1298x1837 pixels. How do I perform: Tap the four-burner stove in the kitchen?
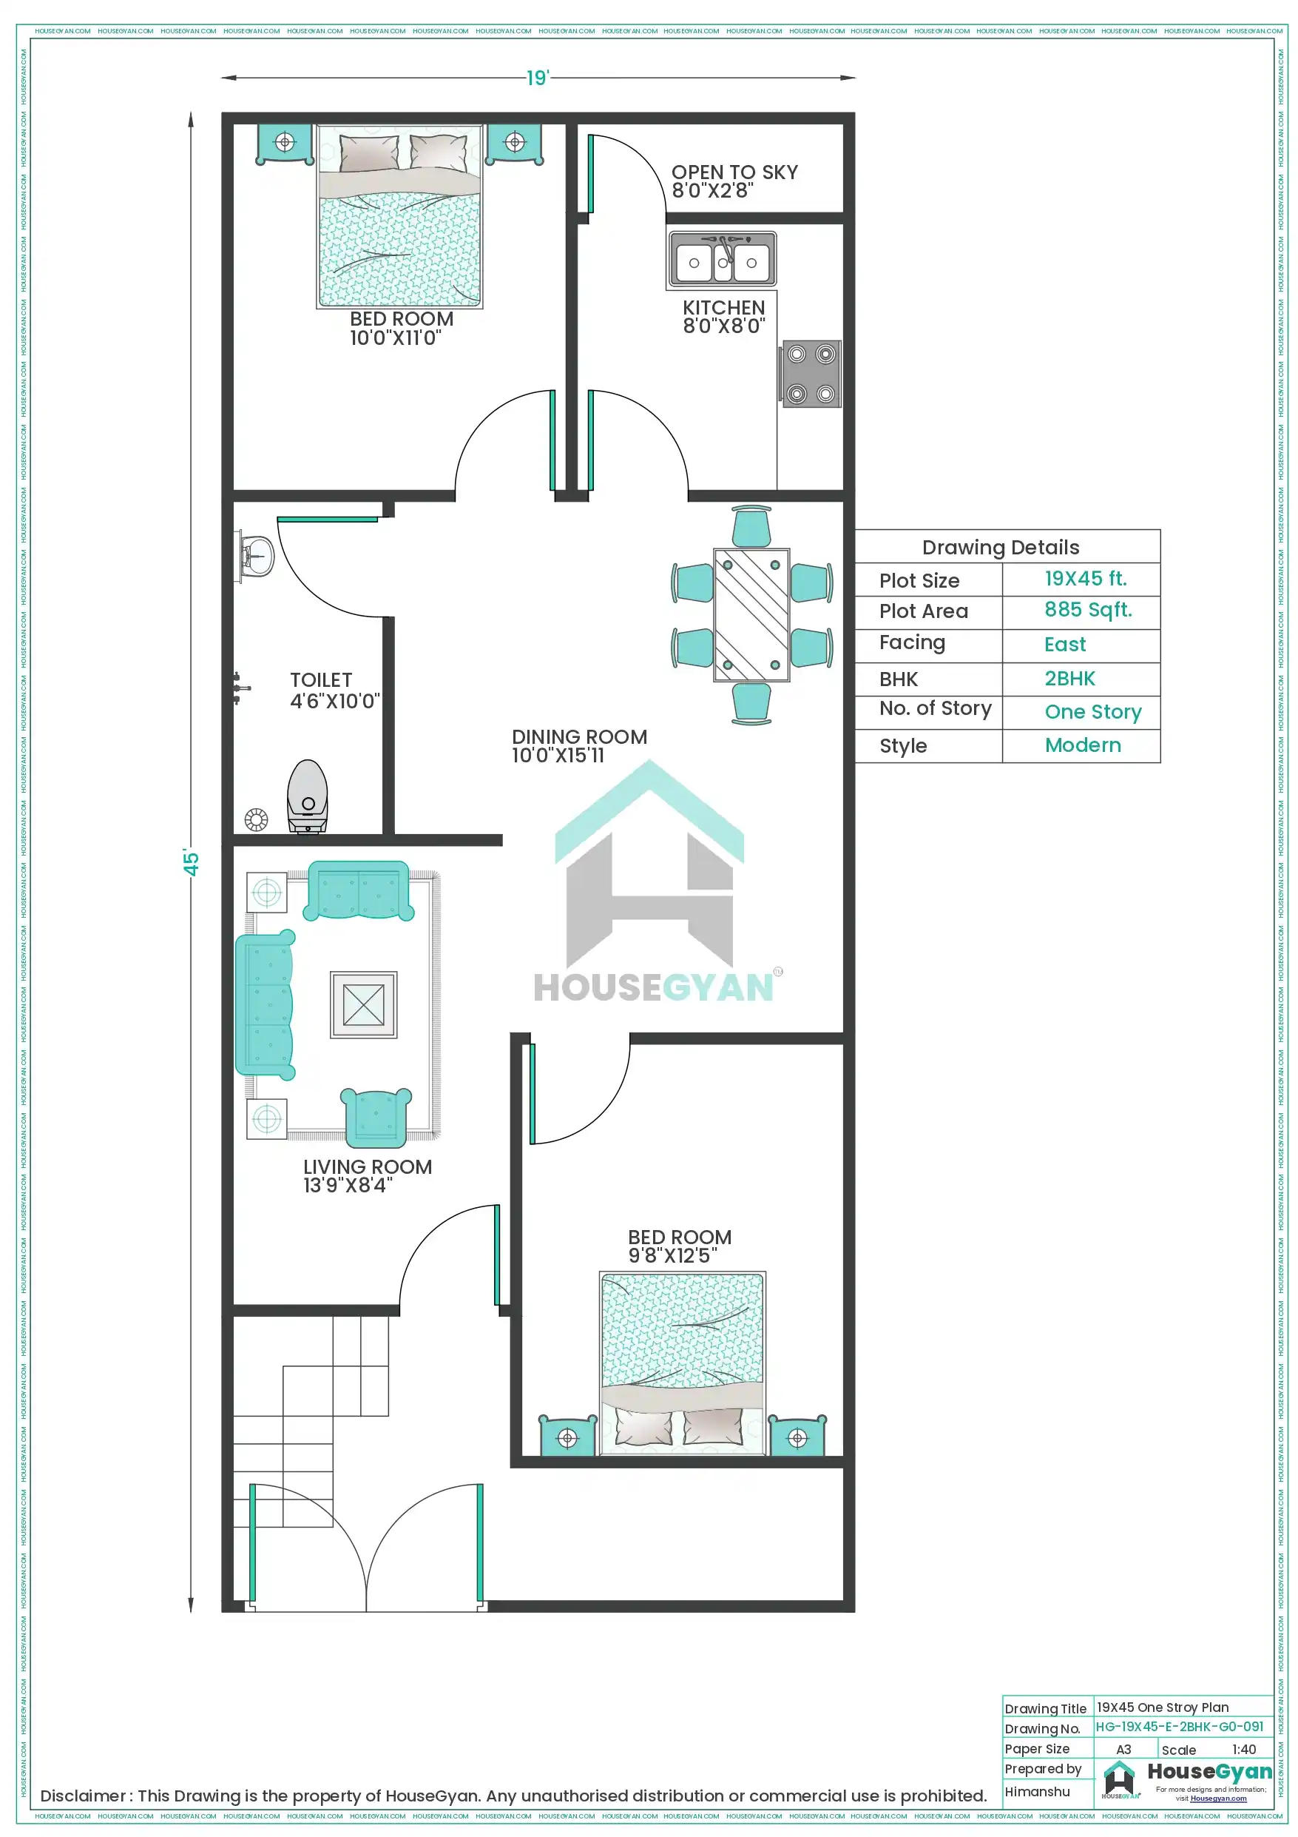coord(810,374)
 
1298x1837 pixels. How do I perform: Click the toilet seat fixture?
coord(308,796)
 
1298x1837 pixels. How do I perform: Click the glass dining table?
coord(751,614)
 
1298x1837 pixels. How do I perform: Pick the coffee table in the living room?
coord(363,1004)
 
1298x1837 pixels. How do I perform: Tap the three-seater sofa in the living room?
coord(264,1005)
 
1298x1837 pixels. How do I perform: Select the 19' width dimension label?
coord(537,78)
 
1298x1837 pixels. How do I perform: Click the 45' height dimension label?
coord(191,862)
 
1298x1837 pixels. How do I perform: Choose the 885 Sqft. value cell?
coord(1088,610)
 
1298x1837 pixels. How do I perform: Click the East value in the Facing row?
coord(1064,644)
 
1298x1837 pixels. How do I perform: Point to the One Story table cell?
coord(1092,711)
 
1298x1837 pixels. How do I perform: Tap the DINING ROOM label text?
coord(579,736)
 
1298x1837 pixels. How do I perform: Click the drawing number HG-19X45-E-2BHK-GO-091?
coord(1179,1727)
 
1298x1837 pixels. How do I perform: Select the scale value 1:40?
coord(1243,1750)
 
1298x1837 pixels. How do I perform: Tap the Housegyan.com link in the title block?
coord(1218,1799)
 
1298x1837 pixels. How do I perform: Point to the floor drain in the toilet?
coord(256,819)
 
